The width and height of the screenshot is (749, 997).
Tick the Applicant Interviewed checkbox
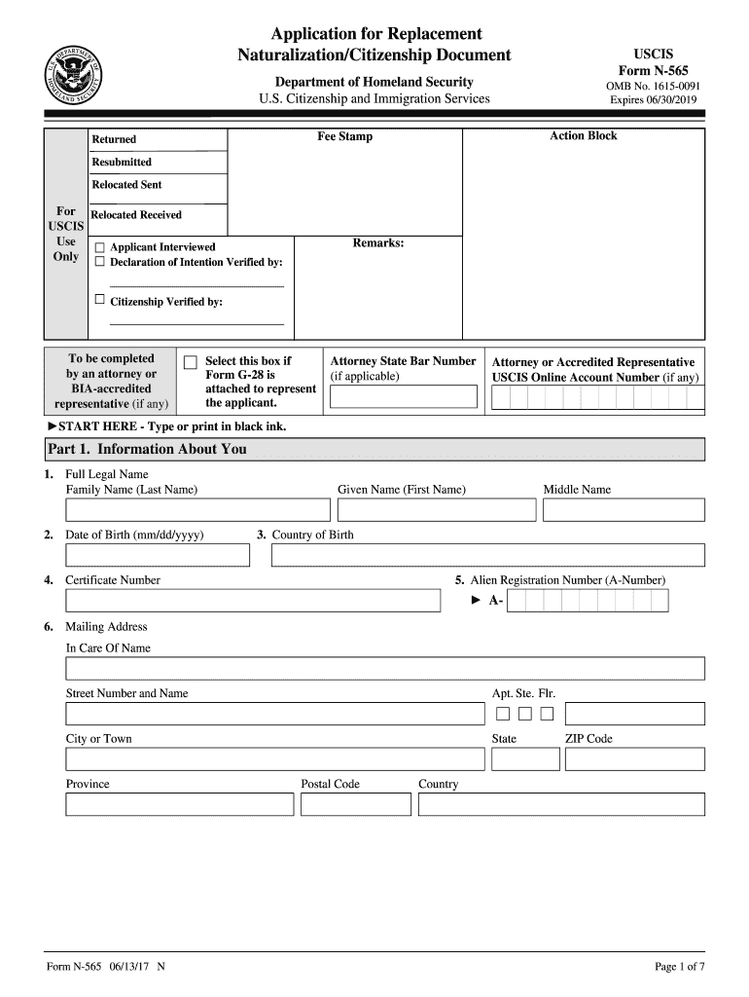point(99,247)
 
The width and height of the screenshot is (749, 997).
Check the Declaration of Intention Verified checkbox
point(99,262)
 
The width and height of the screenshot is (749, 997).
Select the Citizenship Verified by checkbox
point(99,300)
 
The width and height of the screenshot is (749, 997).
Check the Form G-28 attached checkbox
point(191,362)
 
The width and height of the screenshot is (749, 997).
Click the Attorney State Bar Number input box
point(404,396)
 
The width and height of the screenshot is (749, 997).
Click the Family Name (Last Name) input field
point(197,510)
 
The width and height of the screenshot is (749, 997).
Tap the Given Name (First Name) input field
point(437,510)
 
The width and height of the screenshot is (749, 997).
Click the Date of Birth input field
point(158,555)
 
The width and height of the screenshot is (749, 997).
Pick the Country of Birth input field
point(487,555)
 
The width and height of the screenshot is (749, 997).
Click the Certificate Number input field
point(253,601)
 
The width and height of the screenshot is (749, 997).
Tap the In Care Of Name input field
point(384,668)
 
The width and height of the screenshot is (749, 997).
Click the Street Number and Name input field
point(274,714)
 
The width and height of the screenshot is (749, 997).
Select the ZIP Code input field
point(634,759)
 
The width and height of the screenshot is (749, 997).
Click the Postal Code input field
point(355,804)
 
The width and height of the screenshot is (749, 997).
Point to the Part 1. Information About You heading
point(147,449)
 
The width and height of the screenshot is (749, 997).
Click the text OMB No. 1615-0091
point(653,86)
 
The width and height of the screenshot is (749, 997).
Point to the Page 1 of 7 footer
point(680,966)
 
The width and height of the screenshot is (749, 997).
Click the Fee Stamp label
point(344,136)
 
